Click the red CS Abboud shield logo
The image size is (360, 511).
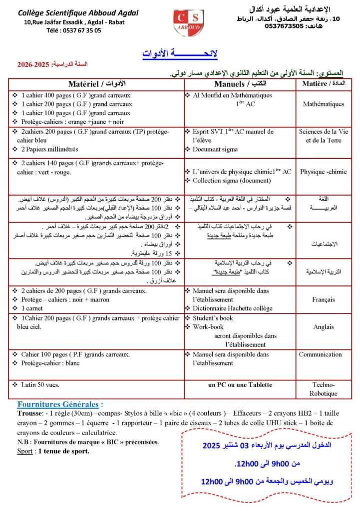[x=188, y=23]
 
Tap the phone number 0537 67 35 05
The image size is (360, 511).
[x=73, y=30]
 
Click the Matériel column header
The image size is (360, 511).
[x=96, y=83]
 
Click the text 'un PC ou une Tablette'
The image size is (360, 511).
[x=240, y=385]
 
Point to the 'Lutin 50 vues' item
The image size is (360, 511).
[x=41, y=385]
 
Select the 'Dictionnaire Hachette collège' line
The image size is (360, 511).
[x=233, y=307]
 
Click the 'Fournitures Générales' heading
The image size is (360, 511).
[x=60, y=404]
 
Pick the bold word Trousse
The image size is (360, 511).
[x=27, y=414]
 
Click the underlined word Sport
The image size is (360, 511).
[x=25, y=451]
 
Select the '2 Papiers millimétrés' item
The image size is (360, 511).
[x=49, y=149]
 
